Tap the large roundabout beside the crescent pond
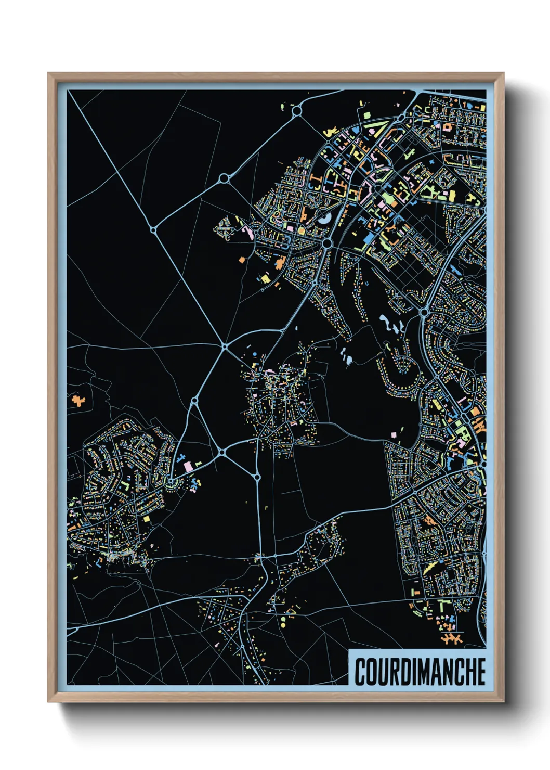click(x=327, y=243)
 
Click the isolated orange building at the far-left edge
click(x=78, y=401)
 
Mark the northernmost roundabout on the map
click(x=297, y=111)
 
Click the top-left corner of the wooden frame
click(x=48, y=73)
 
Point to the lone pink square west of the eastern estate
click(x=393, y=433)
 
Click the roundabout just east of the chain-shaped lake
click(x=424, y=313)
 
